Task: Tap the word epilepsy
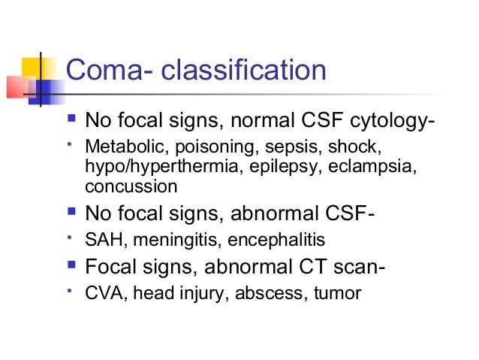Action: pyautogui.click(x=272, y=167)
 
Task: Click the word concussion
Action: pyautogui.click(x=131, y=186)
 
